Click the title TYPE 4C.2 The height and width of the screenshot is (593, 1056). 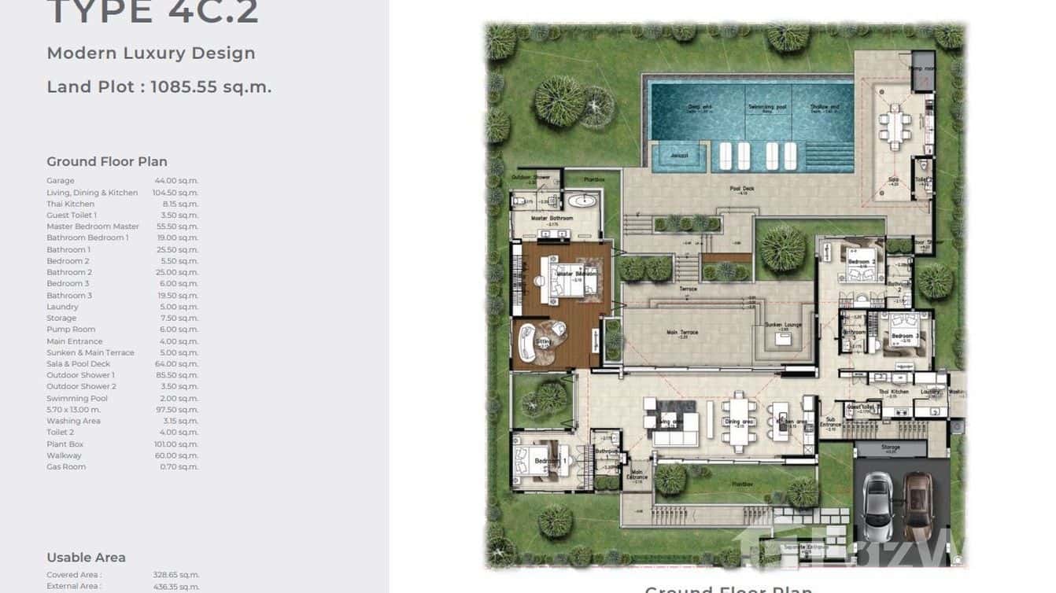(x=153, y=13)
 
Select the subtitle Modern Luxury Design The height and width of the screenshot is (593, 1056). (x=151, y=53)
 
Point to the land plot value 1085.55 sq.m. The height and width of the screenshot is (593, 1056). (x=211, y=87)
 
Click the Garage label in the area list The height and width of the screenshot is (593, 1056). (x=61, y=181)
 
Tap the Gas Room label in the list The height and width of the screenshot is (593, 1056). (x=66, y=467)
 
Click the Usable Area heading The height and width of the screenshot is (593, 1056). (x=86, y=558)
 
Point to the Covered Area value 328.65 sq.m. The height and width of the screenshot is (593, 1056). (x=176, y=575)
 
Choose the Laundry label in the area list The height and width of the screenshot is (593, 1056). (x=62, y=307)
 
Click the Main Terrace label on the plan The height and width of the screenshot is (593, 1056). (x=682, y=333)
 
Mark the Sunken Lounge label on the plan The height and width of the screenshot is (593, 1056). (x=782, y=325)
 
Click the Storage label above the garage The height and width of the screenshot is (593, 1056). (x=891, y=448)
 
